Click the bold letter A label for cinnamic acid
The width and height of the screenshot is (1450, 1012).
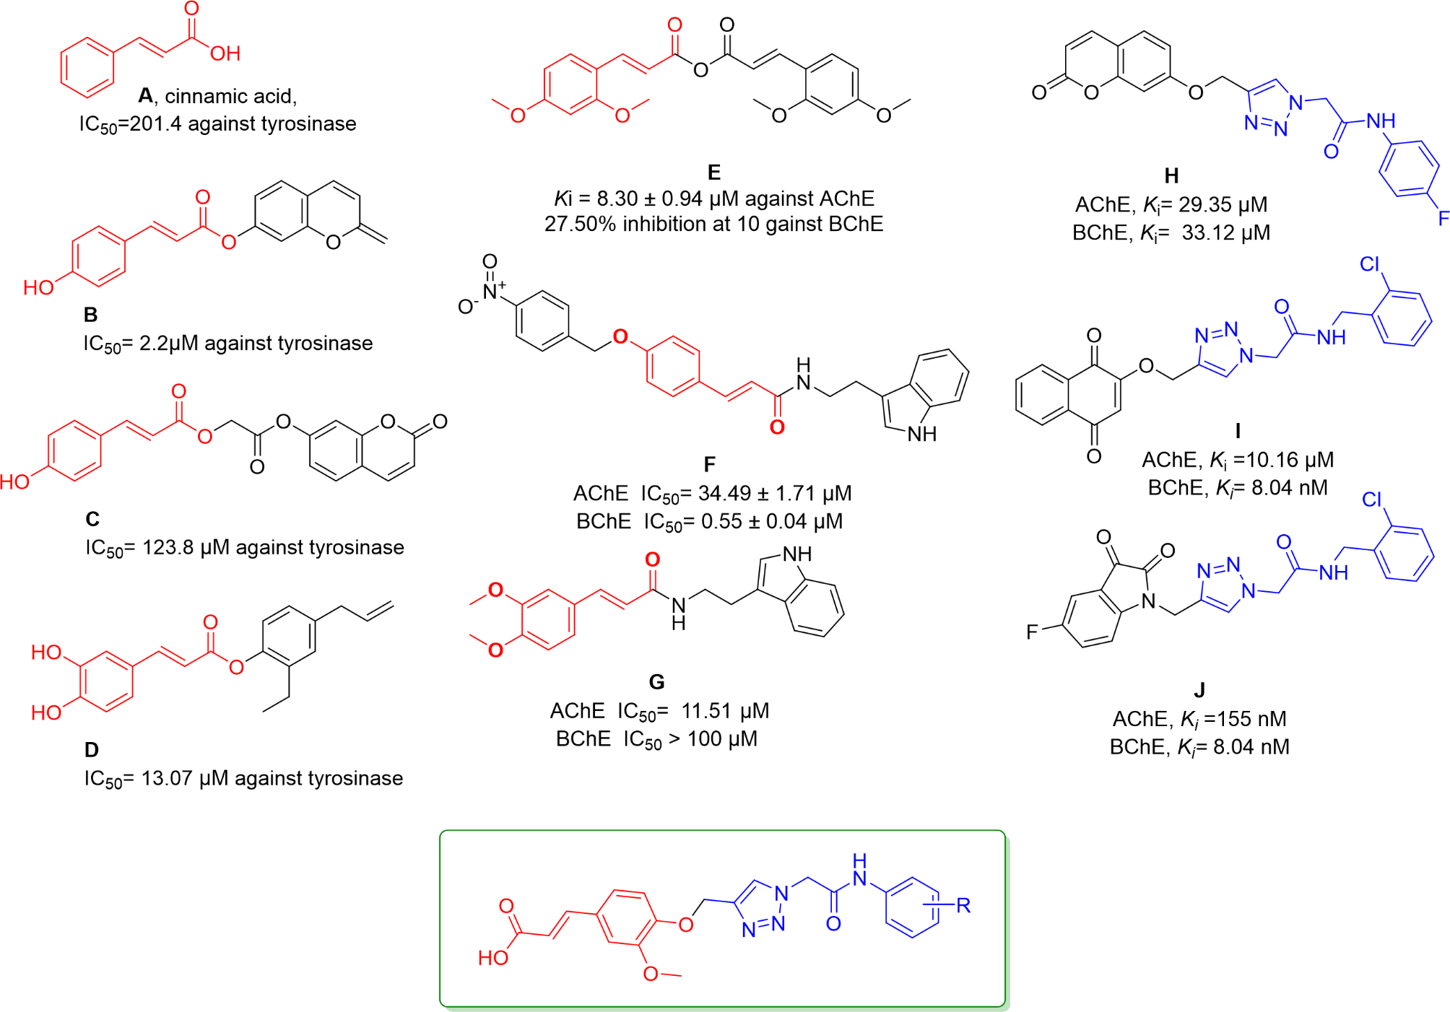point(146,96)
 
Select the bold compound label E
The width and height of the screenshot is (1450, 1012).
point(713,172)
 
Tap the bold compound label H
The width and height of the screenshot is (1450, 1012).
point(1171,175)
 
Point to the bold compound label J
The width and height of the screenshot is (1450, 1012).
point(1199,689)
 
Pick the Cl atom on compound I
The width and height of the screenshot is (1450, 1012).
point(1370,264)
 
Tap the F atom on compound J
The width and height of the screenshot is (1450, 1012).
point(1033,632)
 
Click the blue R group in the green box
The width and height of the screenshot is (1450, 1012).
point(963,905)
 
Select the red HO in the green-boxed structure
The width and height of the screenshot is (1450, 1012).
point(493,958)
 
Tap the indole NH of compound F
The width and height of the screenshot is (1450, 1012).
point(922,434)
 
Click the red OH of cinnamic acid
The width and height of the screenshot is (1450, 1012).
point(225,53)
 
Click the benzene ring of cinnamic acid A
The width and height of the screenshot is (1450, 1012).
point(87,67)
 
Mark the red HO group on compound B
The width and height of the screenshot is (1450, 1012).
point(38,287)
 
